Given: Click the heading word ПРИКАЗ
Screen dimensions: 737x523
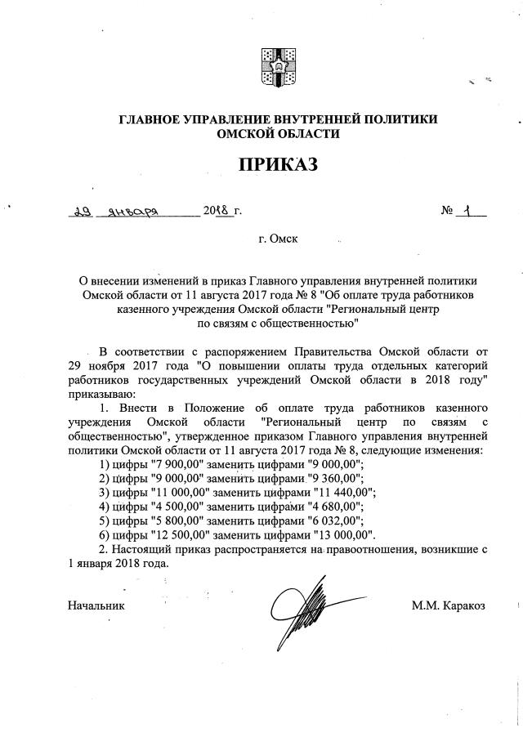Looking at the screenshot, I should point(277,165).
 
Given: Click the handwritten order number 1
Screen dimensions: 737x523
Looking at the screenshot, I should point(467,211).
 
